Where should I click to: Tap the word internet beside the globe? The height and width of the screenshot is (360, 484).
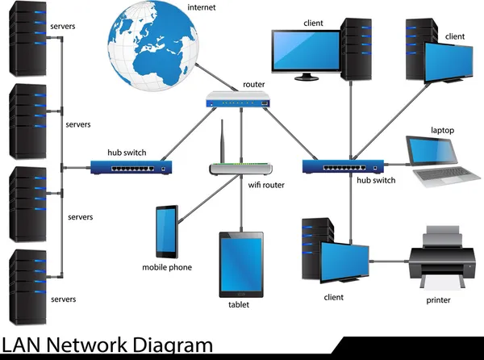(x=202, y=8)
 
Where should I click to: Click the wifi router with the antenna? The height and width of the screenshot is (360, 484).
(x=241, y=168)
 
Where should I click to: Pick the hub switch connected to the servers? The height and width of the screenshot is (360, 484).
(x=132, y=168)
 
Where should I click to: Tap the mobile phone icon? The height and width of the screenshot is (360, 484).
(x=167, y=232)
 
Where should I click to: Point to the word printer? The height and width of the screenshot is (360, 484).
(x=438, y=301)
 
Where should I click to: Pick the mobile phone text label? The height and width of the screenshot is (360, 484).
(x=167, y=267)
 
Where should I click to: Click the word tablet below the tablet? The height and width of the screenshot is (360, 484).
(x=239, y=305)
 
